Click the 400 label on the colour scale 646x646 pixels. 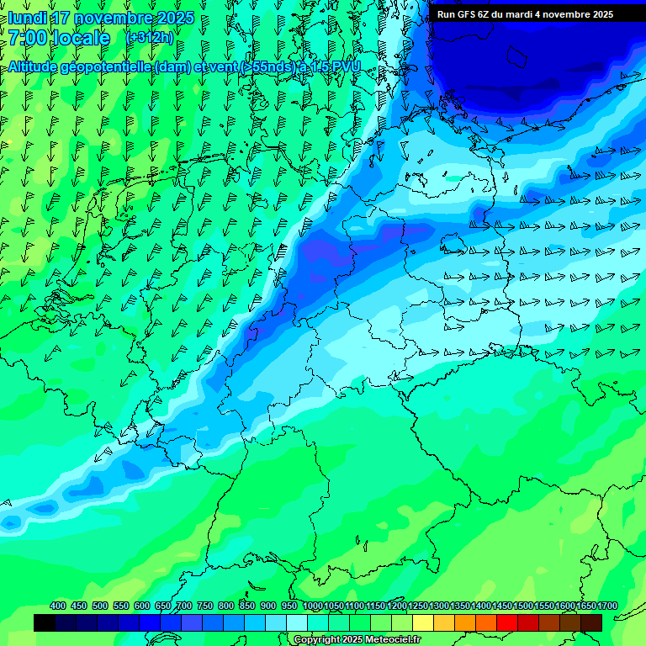click(x=58, y=606)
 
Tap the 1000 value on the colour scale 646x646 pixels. click(x=313, y=606)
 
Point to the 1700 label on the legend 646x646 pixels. click(x=607, y=606)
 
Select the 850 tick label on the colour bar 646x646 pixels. click(x=247, y=606)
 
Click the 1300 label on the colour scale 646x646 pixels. click(x=439, y=606)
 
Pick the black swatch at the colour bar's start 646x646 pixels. click(x=45, y=622)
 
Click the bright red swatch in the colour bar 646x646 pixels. click(x=507, y=622)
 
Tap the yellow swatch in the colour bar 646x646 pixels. click(x=423, y=622)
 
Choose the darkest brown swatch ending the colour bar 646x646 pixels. click(x=591, y=622)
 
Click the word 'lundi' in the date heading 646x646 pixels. click(x=27, y=19)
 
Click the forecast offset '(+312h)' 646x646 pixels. click(x=151, y=38)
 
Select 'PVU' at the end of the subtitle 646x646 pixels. click(x=346, y=66)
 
